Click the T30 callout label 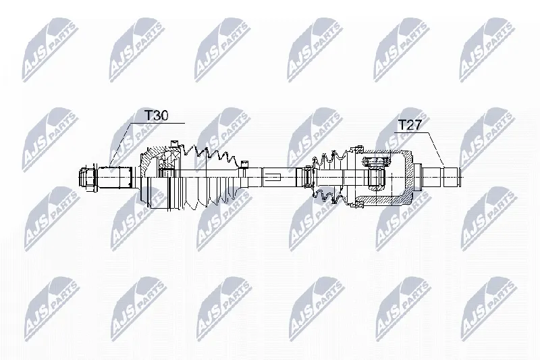coord(156,115)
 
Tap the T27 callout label coord(410,125)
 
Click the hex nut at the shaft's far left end coord(88,178)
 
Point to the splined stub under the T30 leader coord(115,177)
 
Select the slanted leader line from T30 coord(121,145)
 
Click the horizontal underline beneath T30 coord(158,123)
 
